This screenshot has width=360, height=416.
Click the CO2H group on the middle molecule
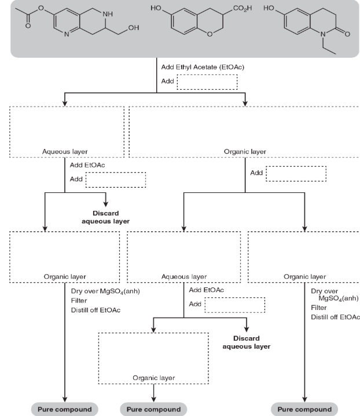coord(237,10)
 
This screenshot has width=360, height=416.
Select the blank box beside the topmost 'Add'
coord(207,82)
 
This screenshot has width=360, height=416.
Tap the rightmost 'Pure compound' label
coord(304,409)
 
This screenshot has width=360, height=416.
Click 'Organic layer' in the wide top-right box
coord(245,151)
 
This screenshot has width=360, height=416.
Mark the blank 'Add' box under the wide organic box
coord(295,173)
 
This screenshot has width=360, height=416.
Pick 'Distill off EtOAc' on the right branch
coord(335,317)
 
